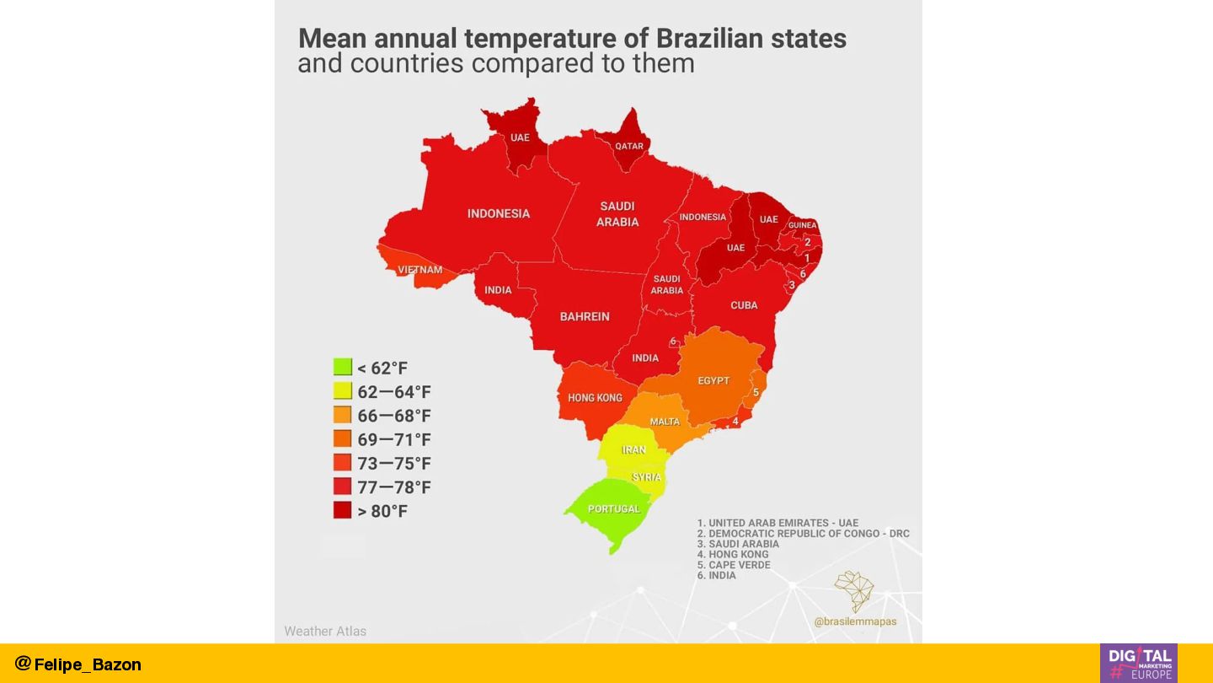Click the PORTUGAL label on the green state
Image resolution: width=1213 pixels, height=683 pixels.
coord(614,508)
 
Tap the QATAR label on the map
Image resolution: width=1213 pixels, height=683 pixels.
coord(629,146)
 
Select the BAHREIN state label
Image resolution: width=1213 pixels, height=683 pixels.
coord(585,316)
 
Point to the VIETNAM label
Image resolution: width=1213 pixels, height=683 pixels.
coord(420,270)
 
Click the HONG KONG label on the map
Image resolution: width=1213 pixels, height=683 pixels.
coord(595,397)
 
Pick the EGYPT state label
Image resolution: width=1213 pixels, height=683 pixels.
coord(713,380)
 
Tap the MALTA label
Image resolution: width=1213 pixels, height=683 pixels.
coord(665,422)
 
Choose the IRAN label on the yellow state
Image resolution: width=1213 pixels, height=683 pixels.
coord(633,449)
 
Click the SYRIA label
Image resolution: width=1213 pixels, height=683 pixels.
coord(647,477)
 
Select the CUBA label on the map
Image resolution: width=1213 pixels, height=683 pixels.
coord(744,305)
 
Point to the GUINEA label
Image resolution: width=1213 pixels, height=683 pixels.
coord(803,225)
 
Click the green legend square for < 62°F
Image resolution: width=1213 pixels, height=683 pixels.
coord(342,367)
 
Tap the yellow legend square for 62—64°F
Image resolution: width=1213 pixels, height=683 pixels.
coord(342,391)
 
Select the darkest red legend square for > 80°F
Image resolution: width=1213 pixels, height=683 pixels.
coord(342,510)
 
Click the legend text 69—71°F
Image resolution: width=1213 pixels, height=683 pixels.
coord(393,439)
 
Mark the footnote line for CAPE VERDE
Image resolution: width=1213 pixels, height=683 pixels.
coord(734,565)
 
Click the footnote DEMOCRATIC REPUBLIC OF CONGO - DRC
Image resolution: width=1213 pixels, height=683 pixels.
coord(803,534)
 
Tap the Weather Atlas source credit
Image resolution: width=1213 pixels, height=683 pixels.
coord(325,631)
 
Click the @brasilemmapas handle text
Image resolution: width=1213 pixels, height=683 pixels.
coord(855,621)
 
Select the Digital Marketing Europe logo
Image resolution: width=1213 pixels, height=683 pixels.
coord(1138,663)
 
